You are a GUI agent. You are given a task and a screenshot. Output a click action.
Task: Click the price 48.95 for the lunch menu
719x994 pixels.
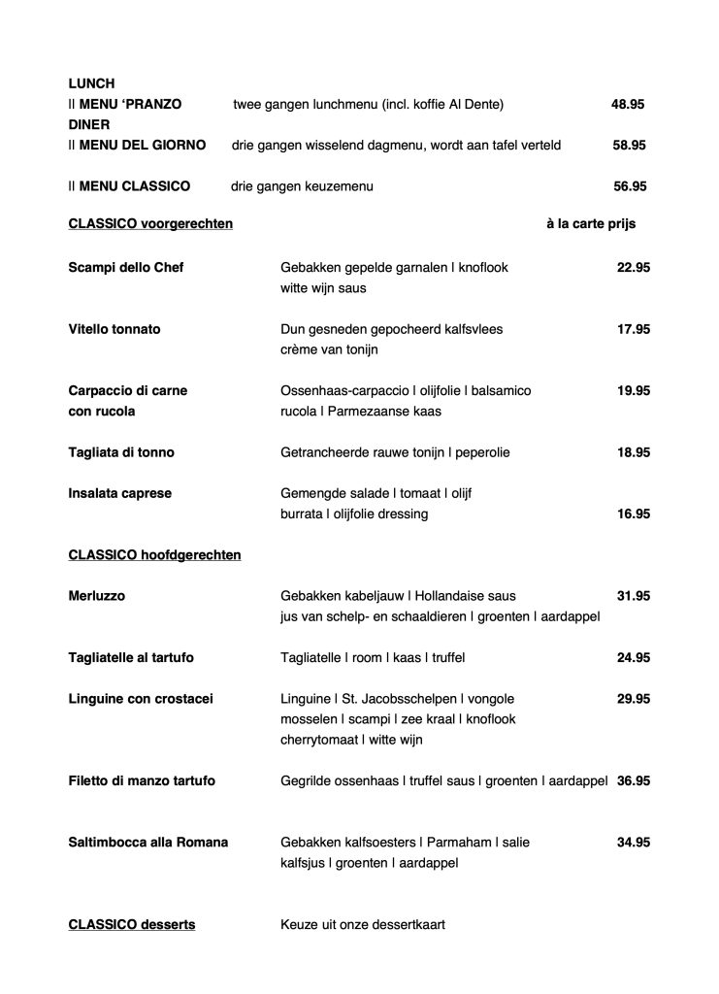(x=628, y=104)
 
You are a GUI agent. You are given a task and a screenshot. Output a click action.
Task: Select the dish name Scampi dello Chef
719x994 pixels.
(x=126, y=268)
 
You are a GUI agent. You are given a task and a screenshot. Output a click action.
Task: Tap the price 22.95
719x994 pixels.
(x=634, y=268)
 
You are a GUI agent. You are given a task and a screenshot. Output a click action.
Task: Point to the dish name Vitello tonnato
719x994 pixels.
(x=114, y=329)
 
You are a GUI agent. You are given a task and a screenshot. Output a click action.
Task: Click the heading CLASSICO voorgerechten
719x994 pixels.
(x=150, y=223)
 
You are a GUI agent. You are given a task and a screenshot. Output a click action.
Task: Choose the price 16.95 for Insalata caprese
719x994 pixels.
(x=634, y=514)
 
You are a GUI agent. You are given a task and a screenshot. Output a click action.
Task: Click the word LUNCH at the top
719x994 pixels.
(x=91, y=83)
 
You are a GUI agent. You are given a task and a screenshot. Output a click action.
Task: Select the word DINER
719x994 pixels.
(x=89, y=124)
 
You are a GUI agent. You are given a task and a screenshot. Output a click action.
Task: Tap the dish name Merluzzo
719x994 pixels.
(x=97, y=595)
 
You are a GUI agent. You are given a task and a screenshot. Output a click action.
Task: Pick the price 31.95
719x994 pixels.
(x=634, y=595)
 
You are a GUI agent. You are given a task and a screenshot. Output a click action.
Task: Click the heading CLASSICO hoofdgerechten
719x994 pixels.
(x=154, y=555)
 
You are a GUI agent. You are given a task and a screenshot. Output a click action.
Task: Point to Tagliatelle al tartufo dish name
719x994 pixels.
(x=131, y=658)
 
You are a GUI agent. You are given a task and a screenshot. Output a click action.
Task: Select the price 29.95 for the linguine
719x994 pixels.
(x=634, y=699)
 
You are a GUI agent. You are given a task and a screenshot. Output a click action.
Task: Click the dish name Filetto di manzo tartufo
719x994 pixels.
(x=142, y=780)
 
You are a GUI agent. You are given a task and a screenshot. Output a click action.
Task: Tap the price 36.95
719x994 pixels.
(x=634, y=780)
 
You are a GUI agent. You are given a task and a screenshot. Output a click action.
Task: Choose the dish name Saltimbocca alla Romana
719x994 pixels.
(x=148, y=843)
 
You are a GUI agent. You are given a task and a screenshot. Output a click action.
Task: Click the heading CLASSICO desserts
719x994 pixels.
(x=132, y=925)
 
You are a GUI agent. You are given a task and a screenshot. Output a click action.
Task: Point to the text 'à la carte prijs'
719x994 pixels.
(x=591, y=223)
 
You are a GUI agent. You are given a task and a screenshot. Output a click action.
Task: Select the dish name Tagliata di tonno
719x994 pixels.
(x=121, y=452)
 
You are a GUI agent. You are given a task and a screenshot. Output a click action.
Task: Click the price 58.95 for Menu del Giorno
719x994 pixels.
(x=630, y=145)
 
